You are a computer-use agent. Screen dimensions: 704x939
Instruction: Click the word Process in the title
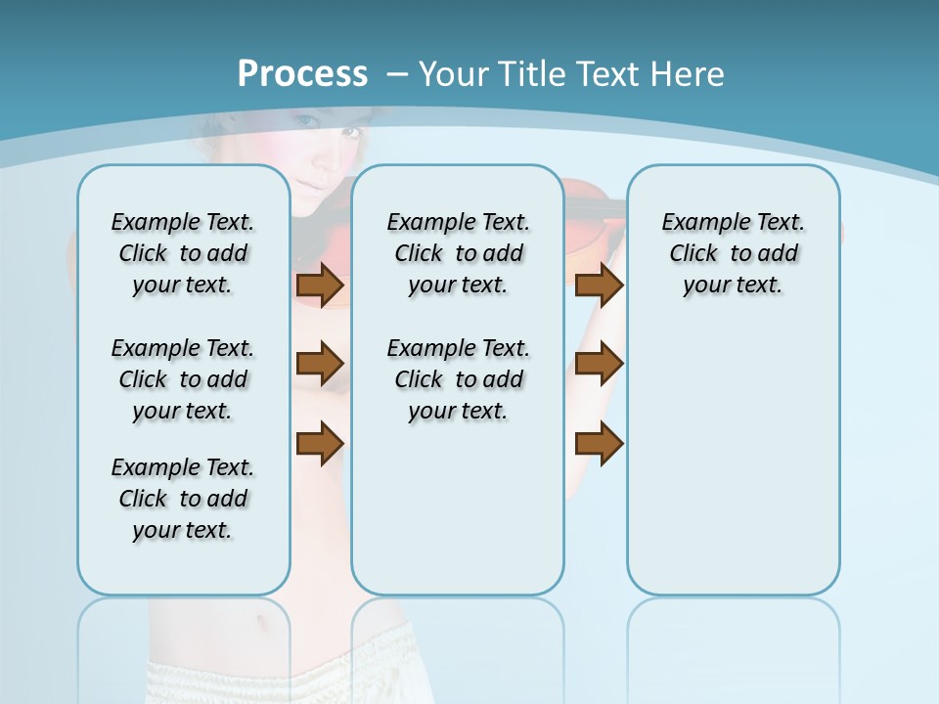click(x=302, y=73)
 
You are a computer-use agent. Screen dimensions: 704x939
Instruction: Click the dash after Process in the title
click(x=397, y=74)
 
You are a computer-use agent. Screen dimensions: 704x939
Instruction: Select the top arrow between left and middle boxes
click(x=320, y=285)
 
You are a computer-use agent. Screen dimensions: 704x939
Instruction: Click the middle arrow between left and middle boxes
click(x=320, y=364)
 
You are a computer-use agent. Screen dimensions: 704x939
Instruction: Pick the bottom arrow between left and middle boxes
click(x=320, y=443)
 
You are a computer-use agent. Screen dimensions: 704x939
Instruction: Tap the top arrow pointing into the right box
click(x=599, y=285)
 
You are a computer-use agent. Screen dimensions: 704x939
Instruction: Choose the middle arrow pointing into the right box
click(x=599, y=364)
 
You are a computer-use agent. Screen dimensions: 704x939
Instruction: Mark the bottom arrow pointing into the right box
click(x=599, y=443)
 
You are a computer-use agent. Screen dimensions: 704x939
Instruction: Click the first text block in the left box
click(x=183, y=253)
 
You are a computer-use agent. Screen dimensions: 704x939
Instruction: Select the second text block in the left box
click(x=183, y=379)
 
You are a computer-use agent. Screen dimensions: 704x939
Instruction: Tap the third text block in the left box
click(x=183, y=499)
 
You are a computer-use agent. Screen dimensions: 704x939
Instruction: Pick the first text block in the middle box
click(x=458, y=253)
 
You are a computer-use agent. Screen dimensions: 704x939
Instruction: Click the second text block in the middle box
click(x=458, y=379)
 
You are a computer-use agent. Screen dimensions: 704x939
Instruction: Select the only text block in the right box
click(x=734, y=253)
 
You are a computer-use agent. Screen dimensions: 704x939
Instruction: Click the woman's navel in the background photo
click(x=257, y=618)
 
